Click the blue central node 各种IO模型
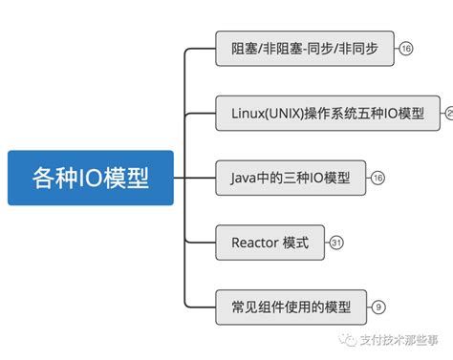[91, 178]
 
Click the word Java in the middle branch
[246, 178]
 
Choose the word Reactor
[253, 243]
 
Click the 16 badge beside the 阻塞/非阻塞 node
[406, 48]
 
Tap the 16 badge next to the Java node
[377, 178]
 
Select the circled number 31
[336, 243]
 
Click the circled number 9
[378, 307]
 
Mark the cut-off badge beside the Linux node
[448, 113]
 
